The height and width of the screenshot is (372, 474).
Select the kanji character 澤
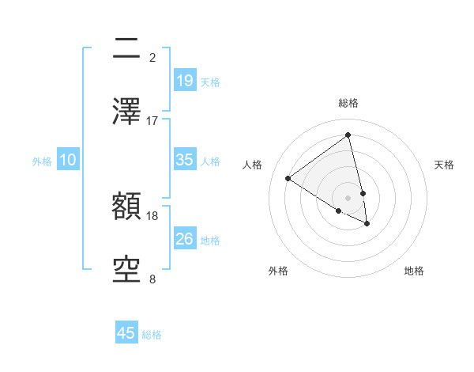126,112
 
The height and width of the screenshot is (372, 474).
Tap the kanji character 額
126,208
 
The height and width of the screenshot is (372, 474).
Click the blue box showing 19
184,81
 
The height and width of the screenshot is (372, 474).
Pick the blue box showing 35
184,160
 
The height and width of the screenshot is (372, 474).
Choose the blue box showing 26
184,239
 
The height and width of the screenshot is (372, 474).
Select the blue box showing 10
68,160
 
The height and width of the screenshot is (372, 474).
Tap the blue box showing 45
126,333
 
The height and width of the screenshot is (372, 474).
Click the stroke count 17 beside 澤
152,120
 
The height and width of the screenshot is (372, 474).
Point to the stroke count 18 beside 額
152,215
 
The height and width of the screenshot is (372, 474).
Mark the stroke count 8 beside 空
152,279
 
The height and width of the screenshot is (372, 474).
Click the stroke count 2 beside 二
152,57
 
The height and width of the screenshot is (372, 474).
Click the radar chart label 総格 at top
348,103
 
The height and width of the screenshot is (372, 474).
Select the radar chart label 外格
277,271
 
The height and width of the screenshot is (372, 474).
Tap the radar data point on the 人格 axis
288,178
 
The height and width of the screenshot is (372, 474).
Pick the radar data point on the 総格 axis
348,135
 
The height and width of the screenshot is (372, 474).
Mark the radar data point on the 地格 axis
367,224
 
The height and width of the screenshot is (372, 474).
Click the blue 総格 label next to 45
152,335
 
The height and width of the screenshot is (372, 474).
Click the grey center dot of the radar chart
348,197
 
